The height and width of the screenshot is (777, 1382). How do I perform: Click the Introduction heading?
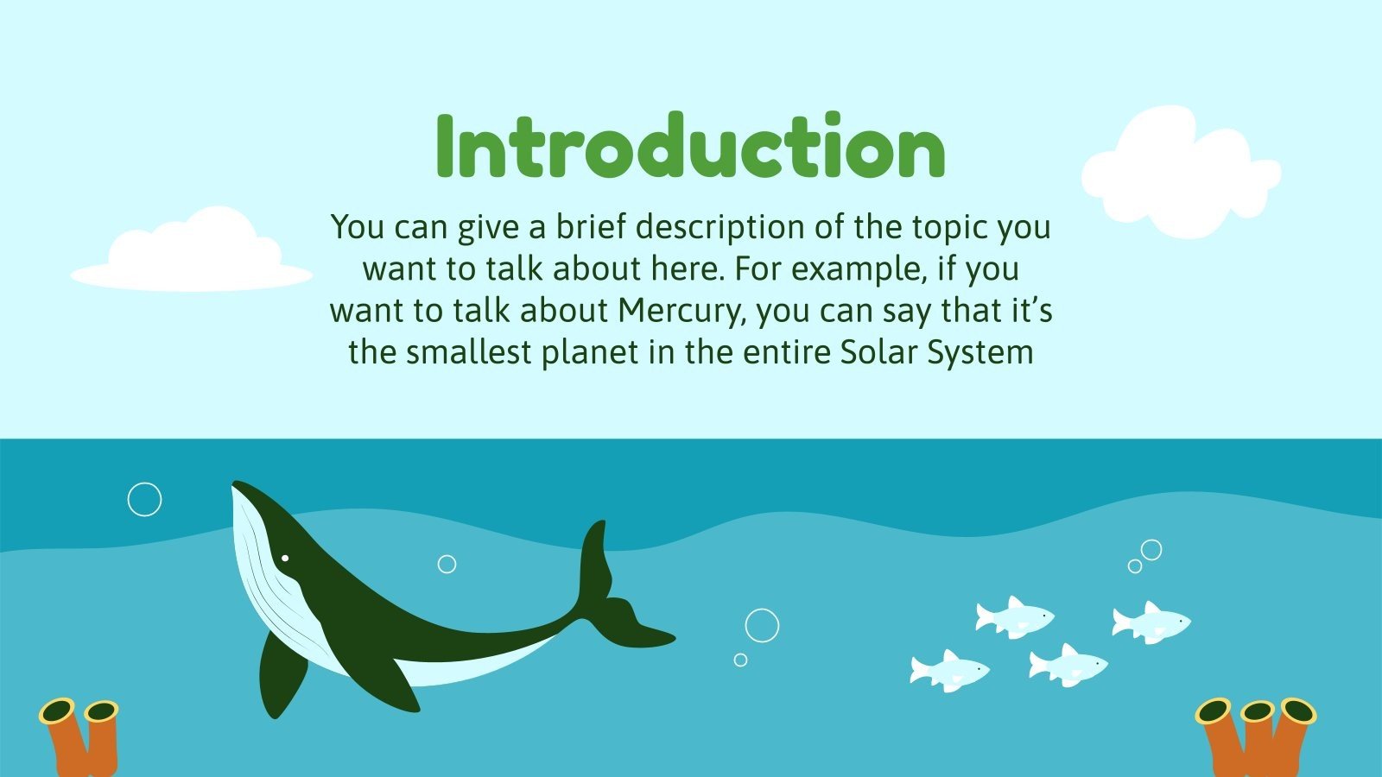[x=691, y=148]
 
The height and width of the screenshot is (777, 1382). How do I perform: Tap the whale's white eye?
[x=284, y=559]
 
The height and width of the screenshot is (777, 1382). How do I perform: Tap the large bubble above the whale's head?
[x=144, y=499]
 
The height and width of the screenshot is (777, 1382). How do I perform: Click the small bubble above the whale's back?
[x=447, y=564]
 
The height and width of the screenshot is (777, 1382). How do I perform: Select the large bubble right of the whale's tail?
[x=762, y=625]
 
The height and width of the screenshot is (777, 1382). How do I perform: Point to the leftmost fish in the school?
[x=948, y=670]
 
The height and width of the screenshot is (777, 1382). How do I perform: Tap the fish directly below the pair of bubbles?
[x=1151, y=622]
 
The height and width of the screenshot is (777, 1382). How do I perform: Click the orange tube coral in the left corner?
[x=82, y=738]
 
